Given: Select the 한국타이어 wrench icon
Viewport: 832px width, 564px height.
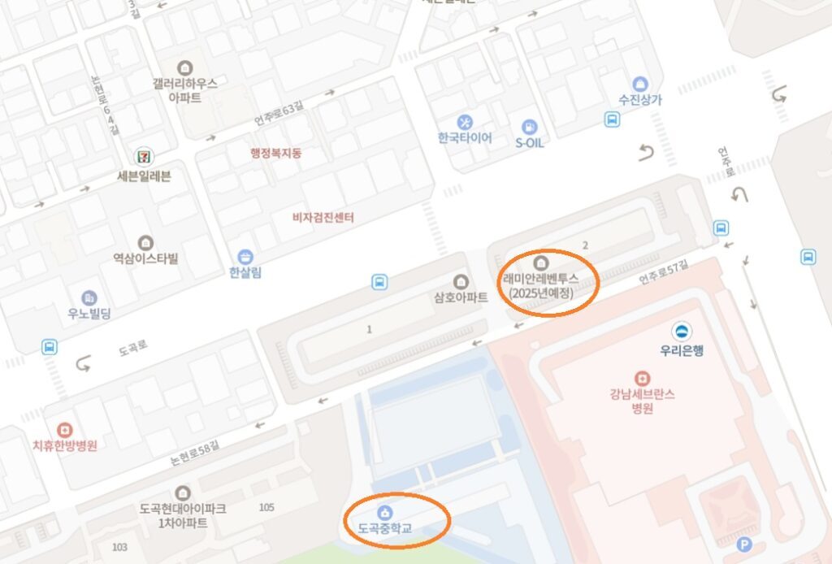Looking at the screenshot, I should (465, 122).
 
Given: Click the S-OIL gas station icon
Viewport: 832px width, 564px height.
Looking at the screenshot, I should (530, 127).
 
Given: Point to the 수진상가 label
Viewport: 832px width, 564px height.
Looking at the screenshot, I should (639, 101).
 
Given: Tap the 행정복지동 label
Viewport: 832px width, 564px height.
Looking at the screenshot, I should (277, 153).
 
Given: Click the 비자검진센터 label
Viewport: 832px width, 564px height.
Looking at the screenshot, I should (323, 218).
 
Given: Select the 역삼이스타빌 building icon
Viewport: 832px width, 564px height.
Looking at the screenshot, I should (145, 242).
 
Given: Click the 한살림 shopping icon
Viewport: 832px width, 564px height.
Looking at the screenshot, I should (245, 258).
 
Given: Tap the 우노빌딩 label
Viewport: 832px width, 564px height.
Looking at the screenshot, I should (89, 313).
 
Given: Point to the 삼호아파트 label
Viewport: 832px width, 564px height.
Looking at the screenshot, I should (461, 297).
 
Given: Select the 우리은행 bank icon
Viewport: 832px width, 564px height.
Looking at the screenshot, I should (682, 331).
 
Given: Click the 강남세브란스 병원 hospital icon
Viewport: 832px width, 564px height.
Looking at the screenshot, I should (643, 379).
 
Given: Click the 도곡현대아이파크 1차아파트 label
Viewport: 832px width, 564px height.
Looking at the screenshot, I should (182, 515).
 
